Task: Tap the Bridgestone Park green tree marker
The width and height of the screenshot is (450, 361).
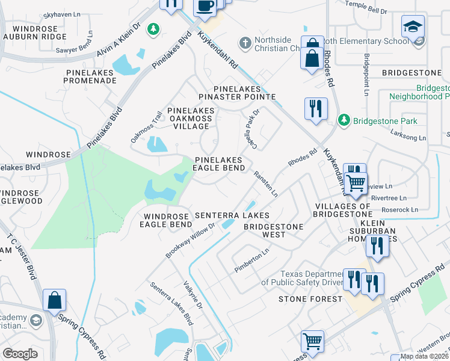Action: (344, 120)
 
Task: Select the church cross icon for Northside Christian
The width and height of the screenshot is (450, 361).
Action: (244, 43)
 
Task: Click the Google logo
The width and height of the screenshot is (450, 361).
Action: (20, 353)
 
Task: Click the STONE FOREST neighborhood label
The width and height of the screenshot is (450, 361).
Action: (310, 298)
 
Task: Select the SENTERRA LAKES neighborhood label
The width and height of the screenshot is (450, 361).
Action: (232, 215)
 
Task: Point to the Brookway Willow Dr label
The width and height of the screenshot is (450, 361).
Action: (190, 241)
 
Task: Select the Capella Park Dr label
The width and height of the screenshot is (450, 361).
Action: (251, 122)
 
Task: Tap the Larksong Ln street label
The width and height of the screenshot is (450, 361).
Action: (408, 137)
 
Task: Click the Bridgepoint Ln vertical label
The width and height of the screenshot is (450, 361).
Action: (366, 75)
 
